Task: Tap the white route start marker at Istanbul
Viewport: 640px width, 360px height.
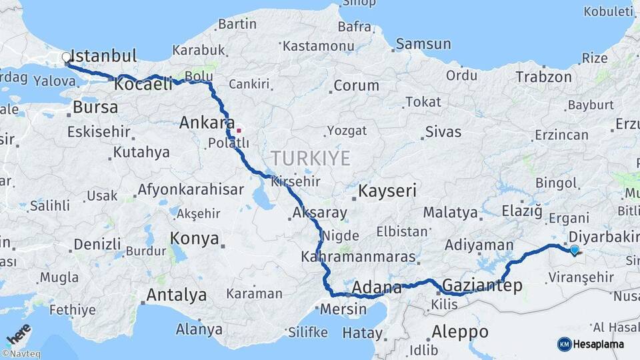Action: (x=67, y=58)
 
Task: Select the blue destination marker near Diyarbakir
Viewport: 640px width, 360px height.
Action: (x=575, y=250)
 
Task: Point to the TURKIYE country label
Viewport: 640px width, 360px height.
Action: (x=310, y=158)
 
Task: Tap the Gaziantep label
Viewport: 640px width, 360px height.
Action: (x=482, y=285)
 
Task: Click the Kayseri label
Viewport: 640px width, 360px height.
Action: (x=387, y=191)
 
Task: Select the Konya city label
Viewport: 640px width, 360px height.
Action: (x=195, y=238)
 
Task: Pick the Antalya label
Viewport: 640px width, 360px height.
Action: (x=177, y=294)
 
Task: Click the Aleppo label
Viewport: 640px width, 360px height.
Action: (x=460, y=331)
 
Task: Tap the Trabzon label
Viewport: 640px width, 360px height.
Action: (x=543, y=77)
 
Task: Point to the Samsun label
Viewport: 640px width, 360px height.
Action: (x=423, y=44)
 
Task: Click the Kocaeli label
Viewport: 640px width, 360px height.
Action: (x=143, y=85)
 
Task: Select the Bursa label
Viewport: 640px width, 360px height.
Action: (x=95, y=107)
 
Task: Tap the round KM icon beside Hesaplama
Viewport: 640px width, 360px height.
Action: (x=564, y=344)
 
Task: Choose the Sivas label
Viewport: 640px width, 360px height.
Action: (x=443, y=131)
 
